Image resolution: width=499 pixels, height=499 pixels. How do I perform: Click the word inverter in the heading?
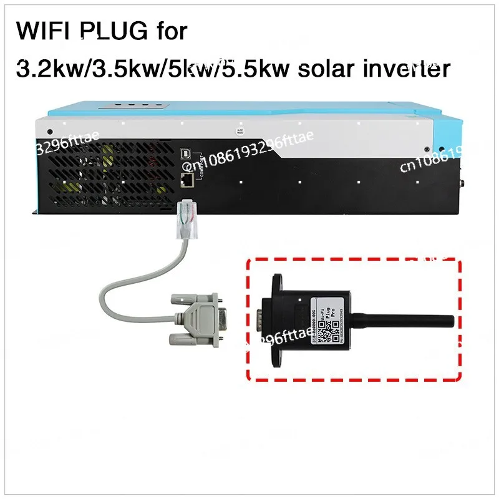(x=411, y=69)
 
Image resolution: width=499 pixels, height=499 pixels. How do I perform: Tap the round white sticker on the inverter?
(x=239, y=132)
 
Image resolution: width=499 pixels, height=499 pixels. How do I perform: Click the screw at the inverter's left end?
(x=49, y=132)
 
